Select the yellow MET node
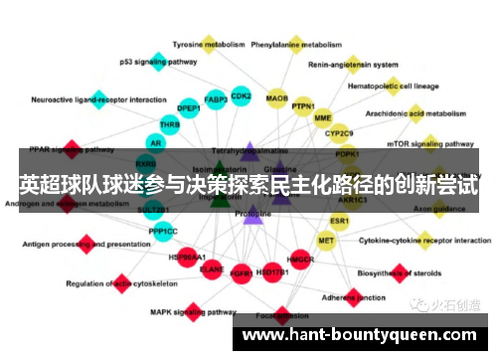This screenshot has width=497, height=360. click(326, 241)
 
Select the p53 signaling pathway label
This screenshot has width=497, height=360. click(158, 62)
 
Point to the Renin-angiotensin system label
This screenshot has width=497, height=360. click(353, 66)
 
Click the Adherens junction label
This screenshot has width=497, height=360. click(359, 296)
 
